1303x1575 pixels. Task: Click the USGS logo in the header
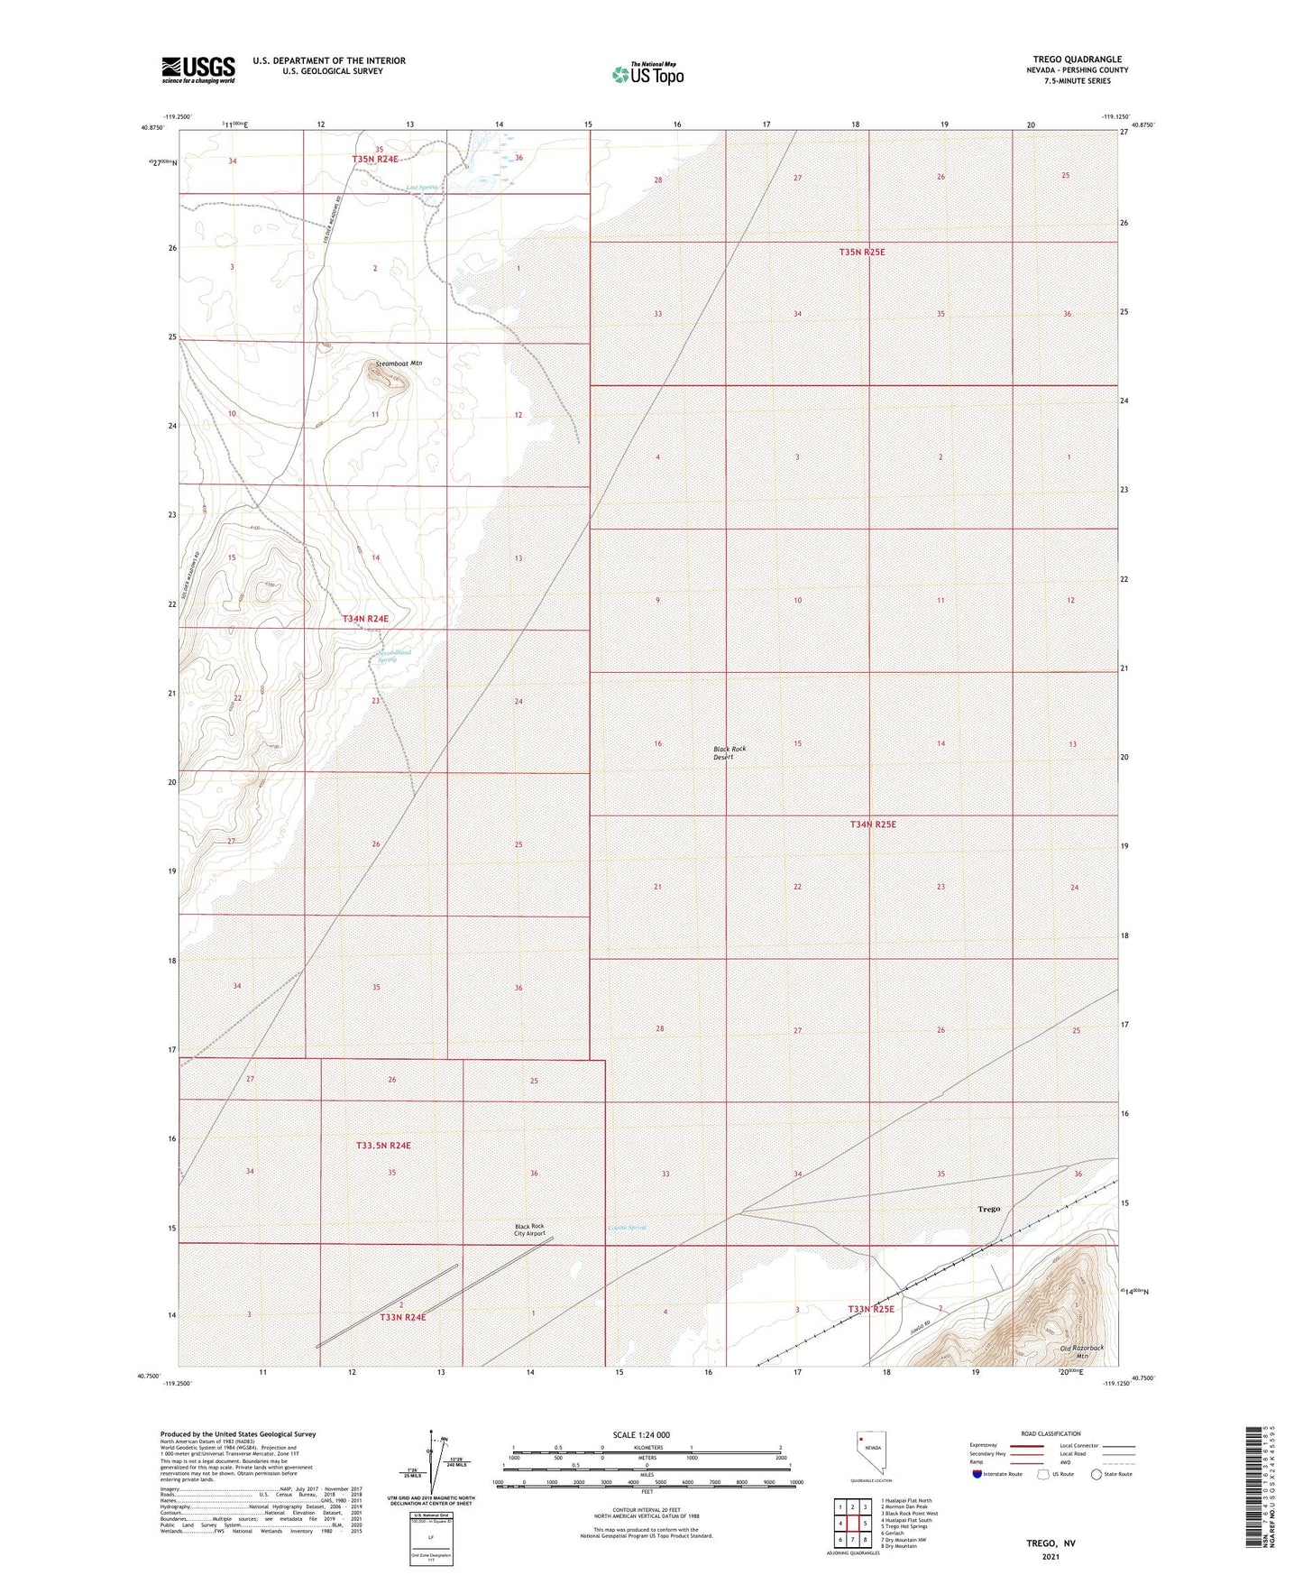198,69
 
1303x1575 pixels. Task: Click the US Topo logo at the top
647,74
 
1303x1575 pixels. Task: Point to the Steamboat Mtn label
399,364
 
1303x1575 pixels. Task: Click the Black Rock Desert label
729,753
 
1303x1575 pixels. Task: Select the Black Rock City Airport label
529,1230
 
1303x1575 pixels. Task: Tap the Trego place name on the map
988,1209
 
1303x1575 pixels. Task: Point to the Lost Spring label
421,188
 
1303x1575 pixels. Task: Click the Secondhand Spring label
393,656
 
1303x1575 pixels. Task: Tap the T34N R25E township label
873,824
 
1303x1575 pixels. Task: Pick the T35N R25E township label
862,253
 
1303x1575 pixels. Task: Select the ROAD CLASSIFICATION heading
1051,1433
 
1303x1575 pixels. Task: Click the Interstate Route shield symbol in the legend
977,1475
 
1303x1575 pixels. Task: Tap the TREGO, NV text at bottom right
1051,1543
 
